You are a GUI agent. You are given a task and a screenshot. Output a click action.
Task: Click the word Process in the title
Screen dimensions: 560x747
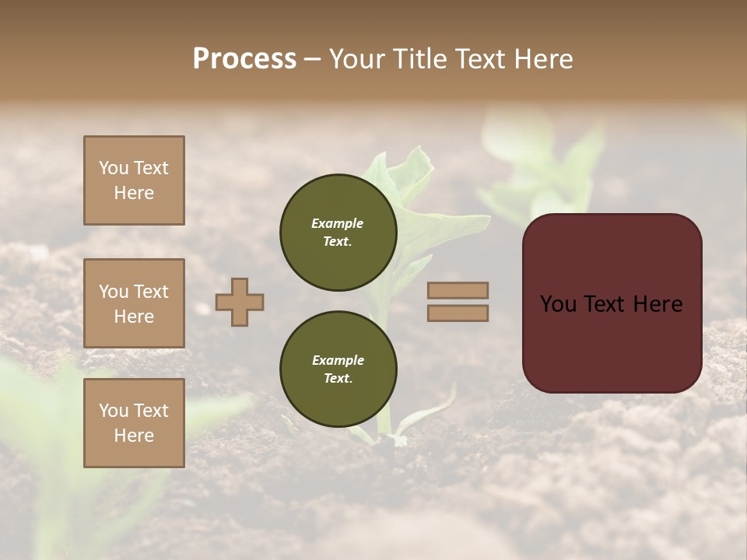point(244,59)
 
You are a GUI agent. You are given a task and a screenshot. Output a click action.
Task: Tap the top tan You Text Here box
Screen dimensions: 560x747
point(134,180)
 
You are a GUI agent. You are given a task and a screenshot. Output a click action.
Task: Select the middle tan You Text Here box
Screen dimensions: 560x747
point(134,303)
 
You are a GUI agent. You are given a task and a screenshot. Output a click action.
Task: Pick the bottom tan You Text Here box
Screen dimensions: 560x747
point(134,423)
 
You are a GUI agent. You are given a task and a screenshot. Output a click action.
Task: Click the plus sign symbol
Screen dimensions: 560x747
point(240,302)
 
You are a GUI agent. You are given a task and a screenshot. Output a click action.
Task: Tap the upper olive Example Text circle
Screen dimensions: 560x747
point(338,233)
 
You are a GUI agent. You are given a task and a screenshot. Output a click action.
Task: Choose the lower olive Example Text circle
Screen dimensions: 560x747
point(338,369)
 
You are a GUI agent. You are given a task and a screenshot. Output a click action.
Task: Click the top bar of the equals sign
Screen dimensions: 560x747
point(458,290)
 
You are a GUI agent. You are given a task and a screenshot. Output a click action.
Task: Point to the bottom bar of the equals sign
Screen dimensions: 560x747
point(458,313)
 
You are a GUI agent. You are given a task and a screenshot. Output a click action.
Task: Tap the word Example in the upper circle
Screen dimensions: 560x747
point(338,223)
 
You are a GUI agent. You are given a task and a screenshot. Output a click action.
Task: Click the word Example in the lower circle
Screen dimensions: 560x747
point(338,360)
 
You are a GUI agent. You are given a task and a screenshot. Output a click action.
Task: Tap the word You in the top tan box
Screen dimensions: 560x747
point(114,168)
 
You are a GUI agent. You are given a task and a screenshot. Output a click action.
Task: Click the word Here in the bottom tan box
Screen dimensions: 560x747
point(134,436)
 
